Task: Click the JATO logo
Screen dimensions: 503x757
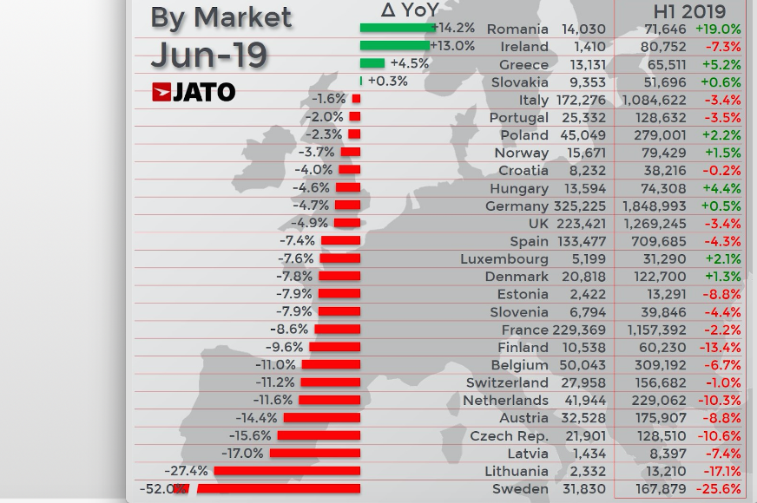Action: [194, 92]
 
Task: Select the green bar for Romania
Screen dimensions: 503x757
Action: [397, 28]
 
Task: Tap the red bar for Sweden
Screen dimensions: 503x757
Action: [279, 489]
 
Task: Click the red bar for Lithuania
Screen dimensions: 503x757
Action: [286, 471]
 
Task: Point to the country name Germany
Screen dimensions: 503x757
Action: [517, 206]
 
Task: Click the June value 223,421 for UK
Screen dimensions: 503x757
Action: [581, 224]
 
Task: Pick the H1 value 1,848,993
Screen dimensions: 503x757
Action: [654, 206]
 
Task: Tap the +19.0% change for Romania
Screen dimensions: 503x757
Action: [718, 29]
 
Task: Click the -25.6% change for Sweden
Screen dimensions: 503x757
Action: [719, 489]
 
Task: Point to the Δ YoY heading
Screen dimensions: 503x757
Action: [410, 10]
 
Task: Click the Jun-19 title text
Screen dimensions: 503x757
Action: [208, 55]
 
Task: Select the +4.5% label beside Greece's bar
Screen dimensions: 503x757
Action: [410, 63]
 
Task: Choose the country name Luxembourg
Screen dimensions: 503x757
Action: [504, 259]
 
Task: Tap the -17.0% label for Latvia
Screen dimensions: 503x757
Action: [242, 454]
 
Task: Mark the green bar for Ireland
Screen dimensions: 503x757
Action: [394, 46]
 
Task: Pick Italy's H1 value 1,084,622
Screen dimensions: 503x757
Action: [654, 101]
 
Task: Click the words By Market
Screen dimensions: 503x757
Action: [221, 17]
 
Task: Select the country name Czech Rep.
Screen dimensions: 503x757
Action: [509, 436]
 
